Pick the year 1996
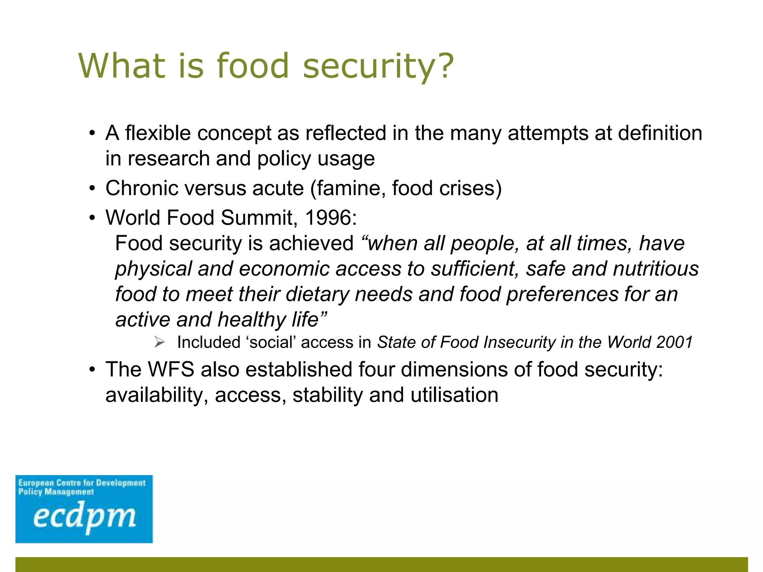coord(330,217)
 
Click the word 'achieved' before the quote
coord(311,244)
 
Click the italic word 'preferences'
coord(562,294)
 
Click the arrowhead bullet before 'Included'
coord(159,342)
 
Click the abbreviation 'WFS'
coord(171,369)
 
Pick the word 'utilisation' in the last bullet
coord(454,395)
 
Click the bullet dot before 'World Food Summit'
coord(92,218)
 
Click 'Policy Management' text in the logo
coord(56,492)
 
